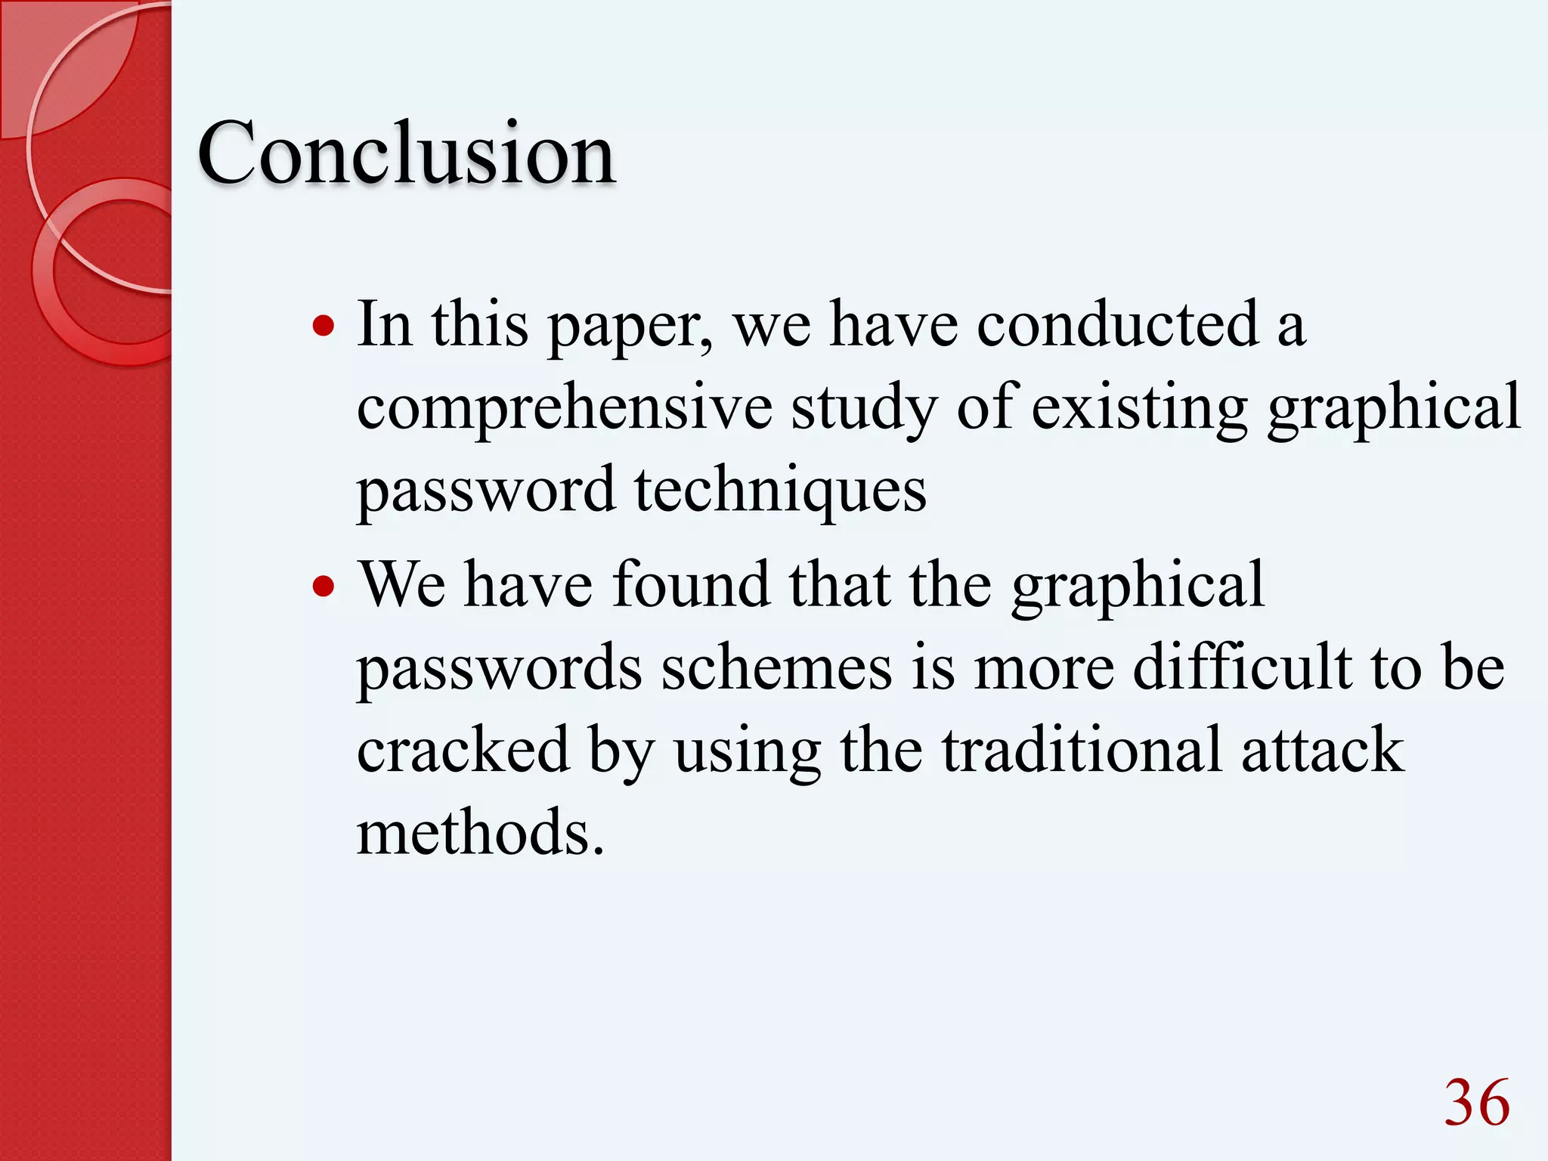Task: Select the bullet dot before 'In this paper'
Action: pos(324,327)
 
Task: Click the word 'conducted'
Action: pos(1118,325)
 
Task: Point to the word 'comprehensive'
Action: pos(565,408)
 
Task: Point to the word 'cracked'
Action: pos(463,750)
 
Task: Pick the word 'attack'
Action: pos(1322,750)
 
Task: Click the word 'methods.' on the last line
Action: pos(481,833)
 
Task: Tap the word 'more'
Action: pos(1043,669)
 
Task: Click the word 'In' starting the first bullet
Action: pos(385,325)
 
